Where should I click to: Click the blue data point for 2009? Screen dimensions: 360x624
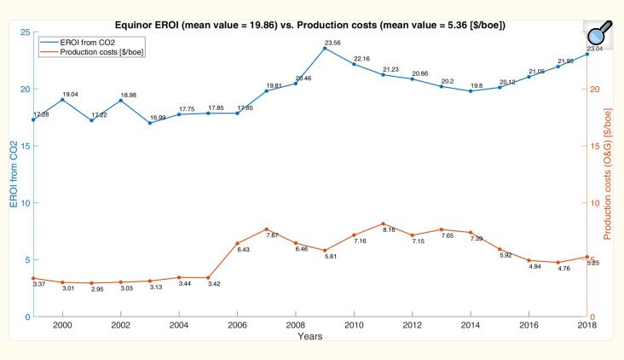coord(325,48)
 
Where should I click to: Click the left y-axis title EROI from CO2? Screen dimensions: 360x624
coord(14,175)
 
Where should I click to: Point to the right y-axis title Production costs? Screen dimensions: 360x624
coord(609,175)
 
